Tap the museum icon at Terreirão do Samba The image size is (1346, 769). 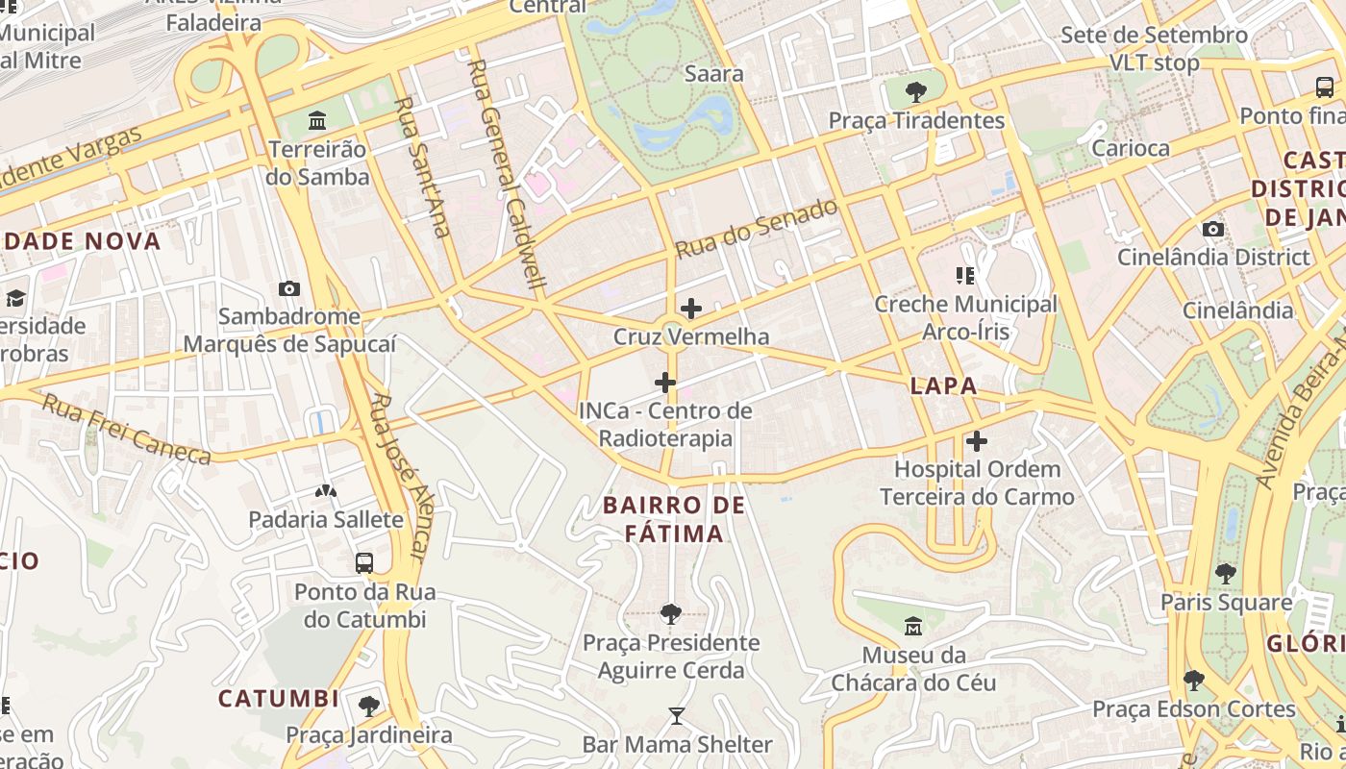[x=317, y=121]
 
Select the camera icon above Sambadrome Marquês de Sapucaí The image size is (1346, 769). [x=288, y=288]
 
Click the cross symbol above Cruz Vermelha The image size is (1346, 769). [x=690, y=309]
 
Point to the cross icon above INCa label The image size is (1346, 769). [x=664, y=383]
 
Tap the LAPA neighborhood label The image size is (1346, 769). [x=943, y=386]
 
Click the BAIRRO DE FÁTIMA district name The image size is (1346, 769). [x=674, y=519]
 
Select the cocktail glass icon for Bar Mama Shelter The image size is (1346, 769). [x=677, y=716]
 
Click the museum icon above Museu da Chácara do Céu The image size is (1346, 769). [x=913, y=627]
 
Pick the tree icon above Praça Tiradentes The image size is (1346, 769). [x=916, y=92]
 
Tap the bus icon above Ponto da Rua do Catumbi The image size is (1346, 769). [x=364, y=563]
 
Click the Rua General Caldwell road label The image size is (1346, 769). [x=506, y=173]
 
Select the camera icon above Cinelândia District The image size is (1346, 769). [x=1213, y=229]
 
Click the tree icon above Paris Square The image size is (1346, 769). [x=1225, y=574]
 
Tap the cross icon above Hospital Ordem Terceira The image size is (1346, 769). [x=977, y=441]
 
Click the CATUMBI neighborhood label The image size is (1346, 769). [x=278, y=698]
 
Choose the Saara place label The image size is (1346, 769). [x=713, y=74]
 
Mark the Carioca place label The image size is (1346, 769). [x=1131, y=148]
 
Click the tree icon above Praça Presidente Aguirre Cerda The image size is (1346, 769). [x=671, y=613]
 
